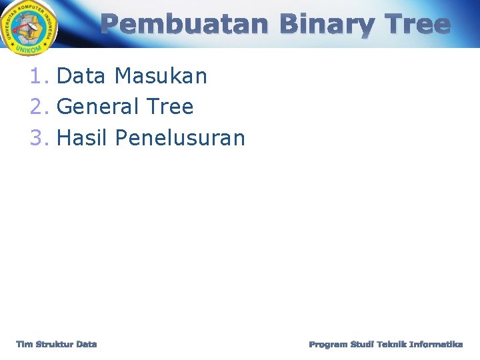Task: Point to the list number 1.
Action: [37, 77]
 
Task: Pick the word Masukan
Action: [161, 77]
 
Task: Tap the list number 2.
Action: [37, 107]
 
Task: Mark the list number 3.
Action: [37, 138]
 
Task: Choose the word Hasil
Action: [83, 138]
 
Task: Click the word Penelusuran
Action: [180, 138]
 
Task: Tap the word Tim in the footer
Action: [24, 344]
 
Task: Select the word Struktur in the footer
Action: [55, 344]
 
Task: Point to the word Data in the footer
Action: [87, 344]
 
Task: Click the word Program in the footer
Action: [328, 344]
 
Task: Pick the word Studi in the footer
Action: [363, 344]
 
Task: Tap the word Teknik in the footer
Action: [393, 344]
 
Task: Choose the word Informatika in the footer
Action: [436, 344]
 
